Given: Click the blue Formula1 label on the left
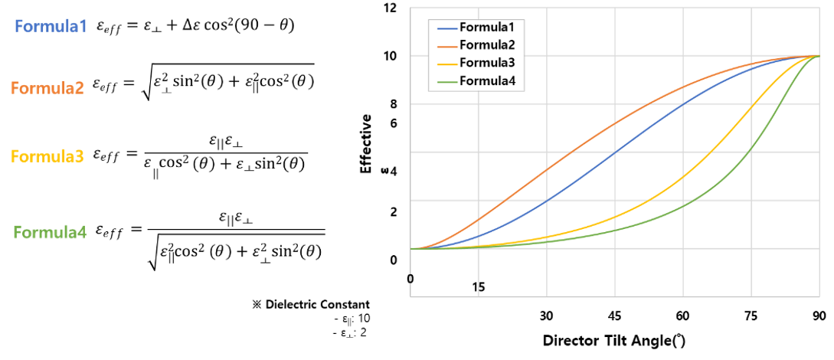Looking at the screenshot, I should pyautogui.click(x=51, y=27).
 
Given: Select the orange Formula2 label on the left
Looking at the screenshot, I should pyautogui.click(x=47, y=88).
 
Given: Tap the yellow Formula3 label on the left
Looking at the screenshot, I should pyautogui.click(x=47, y=157).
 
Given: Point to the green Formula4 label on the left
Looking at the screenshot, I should pyautogui.click(x=51, y=231).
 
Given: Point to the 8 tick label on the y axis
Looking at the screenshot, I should pyautogui.click(x=394, y=104).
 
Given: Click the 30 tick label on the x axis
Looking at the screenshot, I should pyautogui.click(x=546, y=315).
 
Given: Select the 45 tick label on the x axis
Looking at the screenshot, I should pyautogui.click(x=614, y=315).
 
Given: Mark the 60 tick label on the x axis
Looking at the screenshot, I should pyautogui.click(x=682, y=315).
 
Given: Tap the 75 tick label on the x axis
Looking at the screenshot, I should pyautogui.click(x=751, y=315).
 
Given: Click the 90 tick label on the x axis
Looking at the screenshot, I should pyautogui.click(x=819, y=315).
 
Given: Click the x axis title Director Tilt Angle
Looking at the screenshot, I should pyautogui.click(x=613, y=339).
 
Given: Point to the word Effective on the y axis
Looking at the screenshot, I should pyautogui.click(x=367, y=144).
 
